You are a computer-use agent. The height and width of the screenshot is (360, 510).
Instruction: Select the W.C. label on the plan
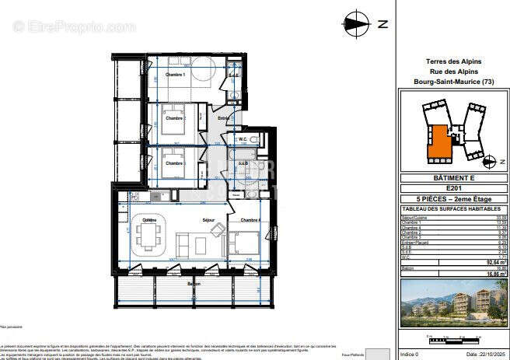(x=243, y=140)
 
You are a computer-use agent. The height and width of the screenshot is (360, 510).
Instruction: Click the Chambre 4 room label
(x=248, y=221)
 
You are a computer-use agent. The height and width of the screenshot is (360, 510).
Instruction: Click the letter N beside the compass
(x=382, y=24)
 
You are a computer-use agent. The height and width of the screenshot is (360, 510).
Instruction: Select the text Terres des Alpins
(x=454, y=61)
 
